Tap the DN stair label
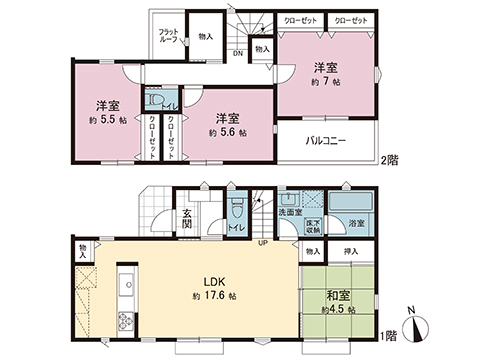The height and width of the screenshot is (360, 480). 238,54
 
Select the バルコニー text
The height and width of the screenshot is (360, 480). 326,141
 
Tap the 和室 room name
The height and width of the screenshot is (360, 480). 337,295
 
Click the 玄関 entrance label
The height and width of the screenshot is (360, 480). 188,218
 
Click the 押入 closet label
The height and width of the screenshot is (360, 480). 351,251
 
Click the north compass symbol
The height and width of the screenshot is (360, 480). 421,323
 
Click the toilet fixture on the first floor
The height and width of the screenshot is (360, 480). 237,211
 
